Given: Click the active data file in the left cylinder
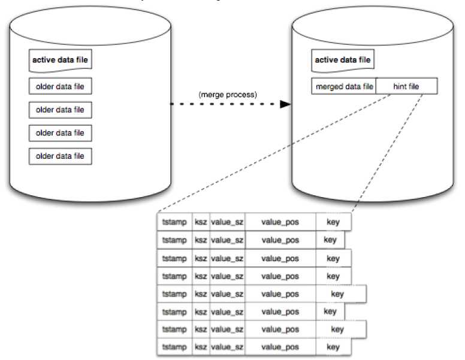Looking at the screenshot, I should pyautogui.click(x=60, y=61).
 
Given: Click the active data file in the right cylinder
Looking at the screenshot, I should pyautogui.click(x=342, y=60).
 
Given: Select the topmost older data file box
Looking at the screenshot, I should pyautogui.click(x=60, y=87).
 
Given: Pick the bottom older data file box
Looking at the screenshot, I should pyautogui.click(x=60, y=156).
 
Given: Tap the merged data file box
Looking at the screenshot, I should pyautogui.click(x=343, y=87).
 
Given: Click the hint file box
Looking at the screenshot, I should pyautogui.click(x=406, y=87).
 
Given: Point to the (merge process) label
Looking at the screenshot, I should pyautogui.click(x=227, y=95).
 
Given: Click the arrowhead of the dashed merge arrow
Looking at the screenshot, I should pyautogui.click(x=285, y=104).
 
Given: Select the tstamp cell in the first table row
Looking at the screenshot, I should pyautogui.click(x=174, y=222).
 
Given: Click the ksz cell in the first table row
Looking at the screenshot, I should pyautogui.click(x=200, y=222).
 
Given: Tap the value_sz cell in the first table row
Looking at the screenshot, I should pyautogui.click(x=227, y=222).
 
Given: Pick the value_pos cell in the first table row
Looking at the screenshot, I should pyautogui.click(x=280, y=222).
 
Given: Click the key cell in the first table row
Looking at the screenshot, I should pyautogui.click(x=333, y=222).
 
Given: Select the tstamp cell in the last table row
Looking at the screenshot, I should pyautogui.click(x=174, y=347).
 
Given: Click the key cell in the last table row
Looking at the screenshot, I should pyautogui.click(x=333, y=347).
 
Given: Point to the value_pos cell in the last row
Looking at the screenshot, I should pyautogui.click(x=280, y=347).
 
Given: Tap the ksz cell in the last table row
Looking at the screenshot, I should pyautogui.click(x=200, y=347).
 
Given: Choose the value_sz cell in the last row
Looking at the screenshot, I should pyautogui.click(x=227, y=347).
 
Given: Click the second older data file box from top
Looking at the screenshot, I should pyautogui.click(x=60, y=110).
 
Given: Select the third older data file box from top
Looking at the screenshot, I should pyautogui.click(x=60, y=133).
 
